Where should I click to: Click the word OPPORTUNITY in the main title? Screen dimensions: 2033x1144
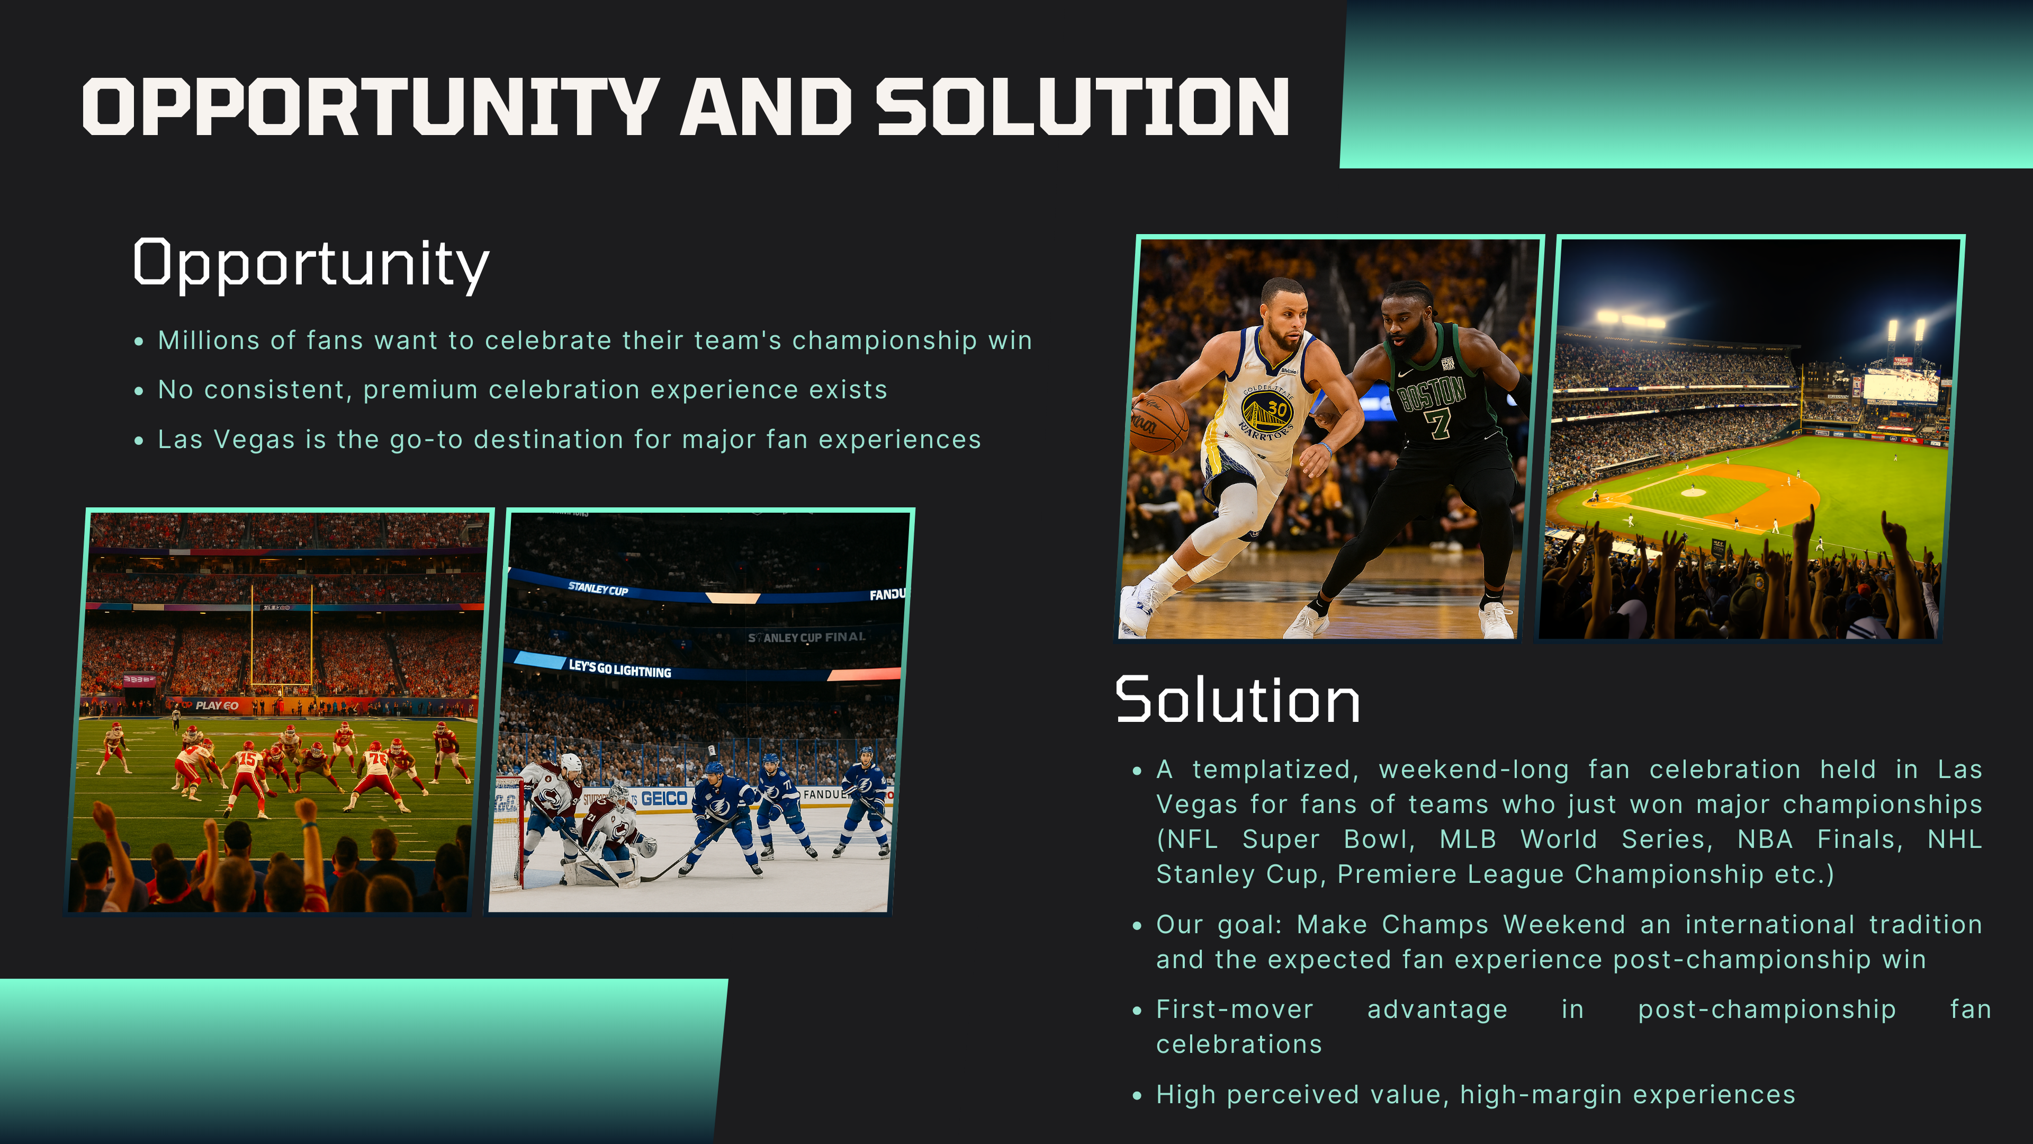coord(371,106)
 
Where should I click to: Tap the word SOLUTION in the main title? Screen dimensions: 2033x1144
coord(1083,106)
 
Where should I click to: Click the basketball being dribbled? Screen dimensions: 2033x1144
coord(1158,424)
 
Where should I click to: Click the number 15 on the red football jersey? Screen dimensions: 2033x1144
coord(247,759)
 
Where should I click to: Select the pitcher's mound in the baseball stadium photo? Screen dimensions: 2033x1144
coord(1693,492)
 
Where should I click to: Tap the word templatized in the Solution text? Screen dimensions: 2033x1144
coord(1275,770)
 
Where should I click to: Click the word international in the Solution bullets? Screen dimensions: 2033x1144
coord(1769,925)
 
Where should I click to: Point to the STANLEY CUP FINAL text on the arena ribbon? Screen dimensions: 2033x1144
coord(806,637)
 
